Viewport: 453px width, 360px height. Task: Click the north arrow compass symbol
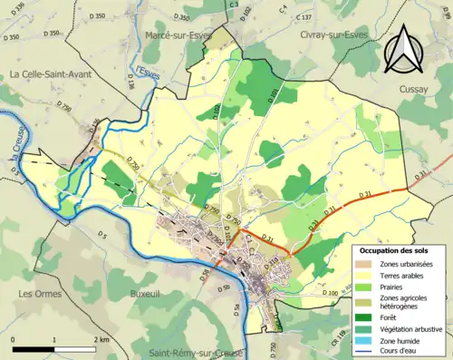click(x=402, y=51)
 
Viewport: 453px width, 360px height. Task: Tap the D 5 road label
click(x=101, y=235)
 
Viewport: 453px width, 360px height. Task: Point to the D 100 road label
click(x=331, y=294)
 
